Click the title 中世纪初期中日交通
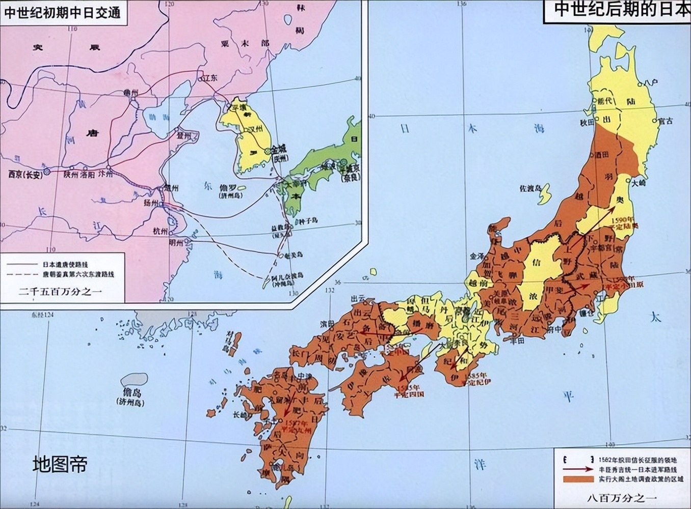(63, 12)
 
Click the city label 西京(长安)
(25, 175)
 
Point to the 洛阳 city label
(87, 174)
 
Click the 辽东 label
(210, 78)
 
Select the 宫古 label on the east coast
(665, 121)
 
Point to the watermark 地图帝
(60, 464)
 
